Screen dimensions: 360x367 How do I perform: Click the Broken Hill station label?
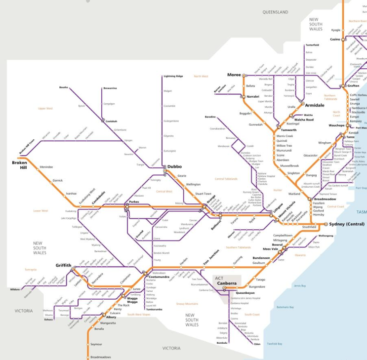pyautogui.click(x=20, y=164)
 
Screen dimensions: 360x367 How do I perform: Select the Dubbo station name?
pyautogui.click(x=175, y=167)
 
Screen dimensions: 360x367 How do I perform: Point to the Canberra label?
pyautogui.click(x=226, y=283)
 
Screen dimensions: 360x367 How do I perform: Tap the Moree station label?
pyautogui.click(x=234, y=75)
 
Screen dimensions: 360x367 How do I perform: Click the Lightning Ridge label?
pyautogui.click(x=173, y=77)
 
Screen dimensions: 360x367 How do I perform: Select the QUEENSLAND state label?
pyautogui.click(x=275, y=11)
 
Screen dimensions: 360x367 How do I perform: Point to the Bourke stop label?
pyautogui.click(x=63, y=87)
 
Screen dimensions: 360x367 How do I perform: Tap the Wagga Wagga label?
pyautogui.click(x=132, y=300)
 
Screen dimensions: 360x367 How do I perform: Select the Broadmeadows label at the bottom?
pyautogui.click(x=101, y=357)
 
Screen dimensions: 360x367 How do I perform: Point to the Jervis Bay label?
pyautogui.click(x=300, y=285)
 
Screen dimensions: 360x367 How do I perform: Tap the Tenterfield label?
pyautogui.click(x=312, y=45)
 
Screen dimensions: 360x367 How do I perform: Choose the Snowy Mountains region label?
pyautogui.click(x=188, y=304)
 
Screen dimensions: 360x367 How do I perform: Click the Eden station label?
pyautogui.click(x=257, y=344)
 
